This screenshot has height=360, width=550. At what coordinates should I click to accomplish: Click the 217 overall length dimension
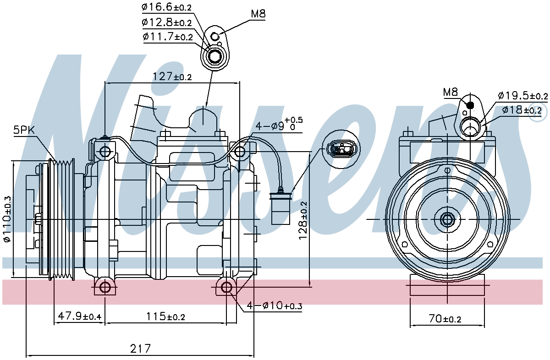pyautogui.click(x=141, y=349)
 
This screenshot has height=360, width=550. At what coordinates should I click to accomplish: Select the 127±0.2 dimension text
pyautogui.click(x=172, y=76)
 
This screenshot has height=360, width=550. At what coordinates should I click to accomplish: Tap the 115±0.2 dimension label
pyautogui.click(x=165, y=316)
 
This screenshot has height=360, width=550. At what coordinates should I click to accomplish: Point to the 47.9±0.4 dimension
pyautogui.click(x=79, y=316)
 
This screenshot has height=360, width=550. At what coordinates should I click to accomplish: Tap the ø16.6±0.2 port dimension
pyautogui.click(x=167, y=7)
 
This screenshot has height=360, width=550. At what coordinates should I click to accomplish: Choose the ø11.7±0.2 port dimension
pyautogui.click(x=168, y=37)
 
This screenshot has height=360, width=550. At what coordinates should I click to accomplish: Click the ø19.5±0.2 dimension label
pyautogui.click(x=522, y=96)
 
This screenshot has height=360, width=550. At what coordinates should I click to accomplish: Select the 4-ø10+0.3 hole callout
pyautogui.click(x=275, y=305)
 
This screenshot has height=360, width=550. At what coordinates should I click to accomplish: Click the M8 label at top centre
pyautogui.click(x=258, y=14)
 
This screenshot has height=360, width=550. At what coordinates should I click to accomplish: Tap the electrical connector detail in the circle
pyautogui.click(x=341, y=148)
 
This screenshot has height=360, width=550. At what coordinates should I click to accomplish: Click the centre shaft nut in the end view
pyautogui.click(x=447, y=219)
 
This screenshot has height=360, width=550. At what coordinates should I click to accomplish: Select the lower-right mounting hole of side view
pyautogui.click(x=227, y=288)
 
